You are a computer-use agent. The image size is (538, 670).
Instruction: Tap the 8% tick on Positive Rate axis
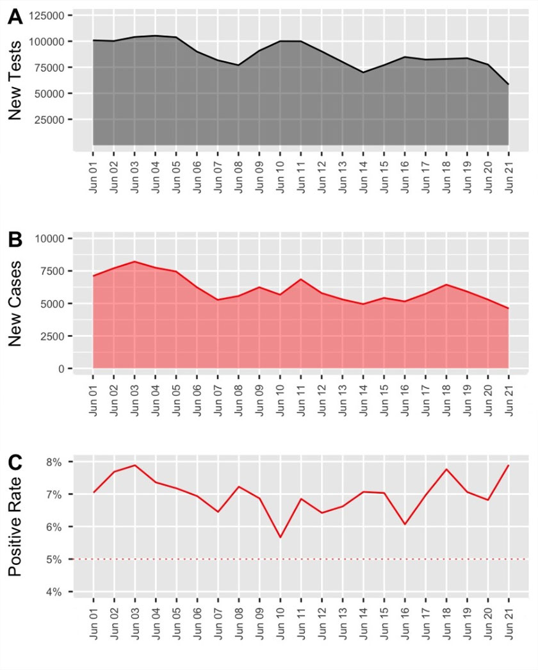pyautogui.click(x=62, y=462)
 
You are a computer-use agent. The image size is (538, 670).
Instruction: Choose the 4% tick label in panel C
pyautogui.click(x=62, y=592)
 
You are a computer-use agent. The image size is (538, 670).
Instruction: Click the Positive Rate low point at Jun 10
pyautogui.click(x=280, y=537)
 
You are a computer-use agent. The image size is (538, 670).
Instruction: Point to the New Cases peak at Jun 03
pyautogui.click(x=135, y=261)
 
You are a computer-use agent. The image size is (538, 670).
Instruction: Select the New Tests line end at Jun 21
pyautogui.click(x=509, y=84)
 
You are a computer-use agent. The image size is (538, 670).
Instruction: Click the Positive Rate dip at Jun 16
pyautogui.click(x=404, y=524)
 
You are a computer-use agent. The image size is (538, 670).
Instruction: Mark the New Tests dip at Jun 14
pyautogui.click(x=363, y=72)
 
